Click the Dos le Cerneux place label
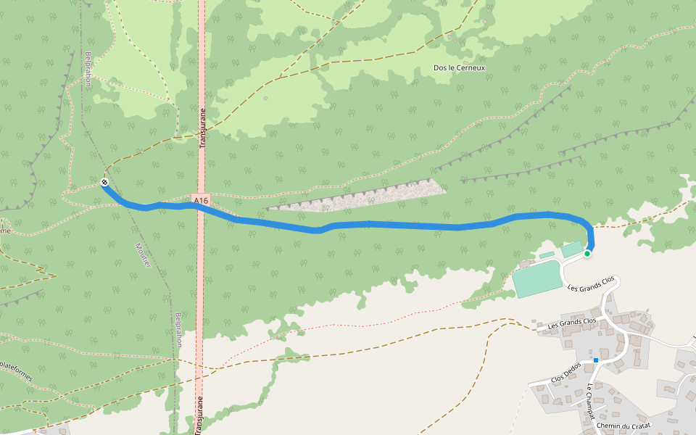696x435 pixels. [x=459, y=67]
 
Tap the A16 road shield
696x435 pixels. [x=201, y=199]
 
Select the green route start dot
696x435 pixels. [x=587, y=254]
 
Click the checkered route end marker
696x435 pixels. [x=104, y=182]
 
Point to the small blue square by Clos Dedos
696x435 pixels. [x=596, y=360]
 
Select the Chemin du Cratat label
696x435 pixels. [x=624, y=426]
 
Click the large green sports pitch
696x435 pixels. [x=538, y=279]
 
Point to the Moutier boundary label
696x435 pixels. [x=143, y=254]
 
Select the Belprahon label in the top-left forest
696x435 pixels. [x=88, y=68]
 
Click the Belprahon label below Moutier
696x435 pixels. [x=178, y=329]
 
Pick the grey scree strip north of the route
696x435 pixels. [x=362, y=197]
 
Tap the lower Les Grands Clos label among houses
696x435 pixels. [x=571, y=323]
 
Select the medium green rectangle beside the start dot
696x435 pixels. [x=571, y=249]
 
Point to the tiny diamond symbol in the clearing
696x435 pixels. [x=265, y=97]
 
